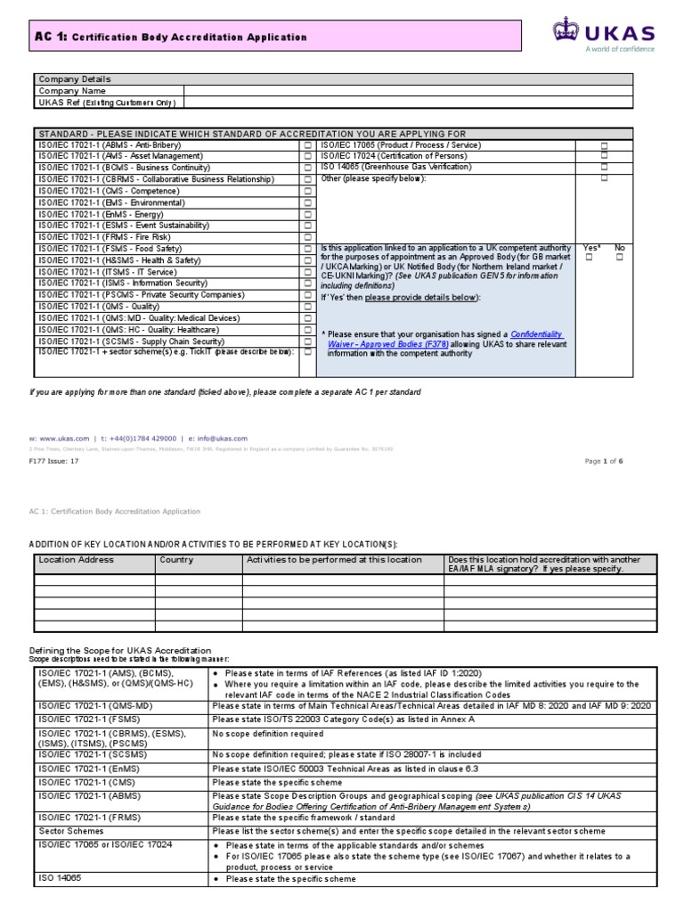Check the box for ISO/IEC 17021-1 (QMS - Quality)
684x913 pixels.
click(308, 306)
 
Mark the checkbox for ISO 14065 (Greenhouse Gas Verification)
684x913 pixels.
click(604, 167)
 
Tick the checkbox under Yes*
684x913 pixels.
click(589, 258)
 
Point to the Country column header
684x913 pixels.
click(176, 560)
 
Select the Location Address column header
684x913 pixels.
click(76, 560)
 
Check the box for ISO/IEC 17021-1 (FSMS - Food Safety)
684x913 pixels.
click(308, 249)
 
